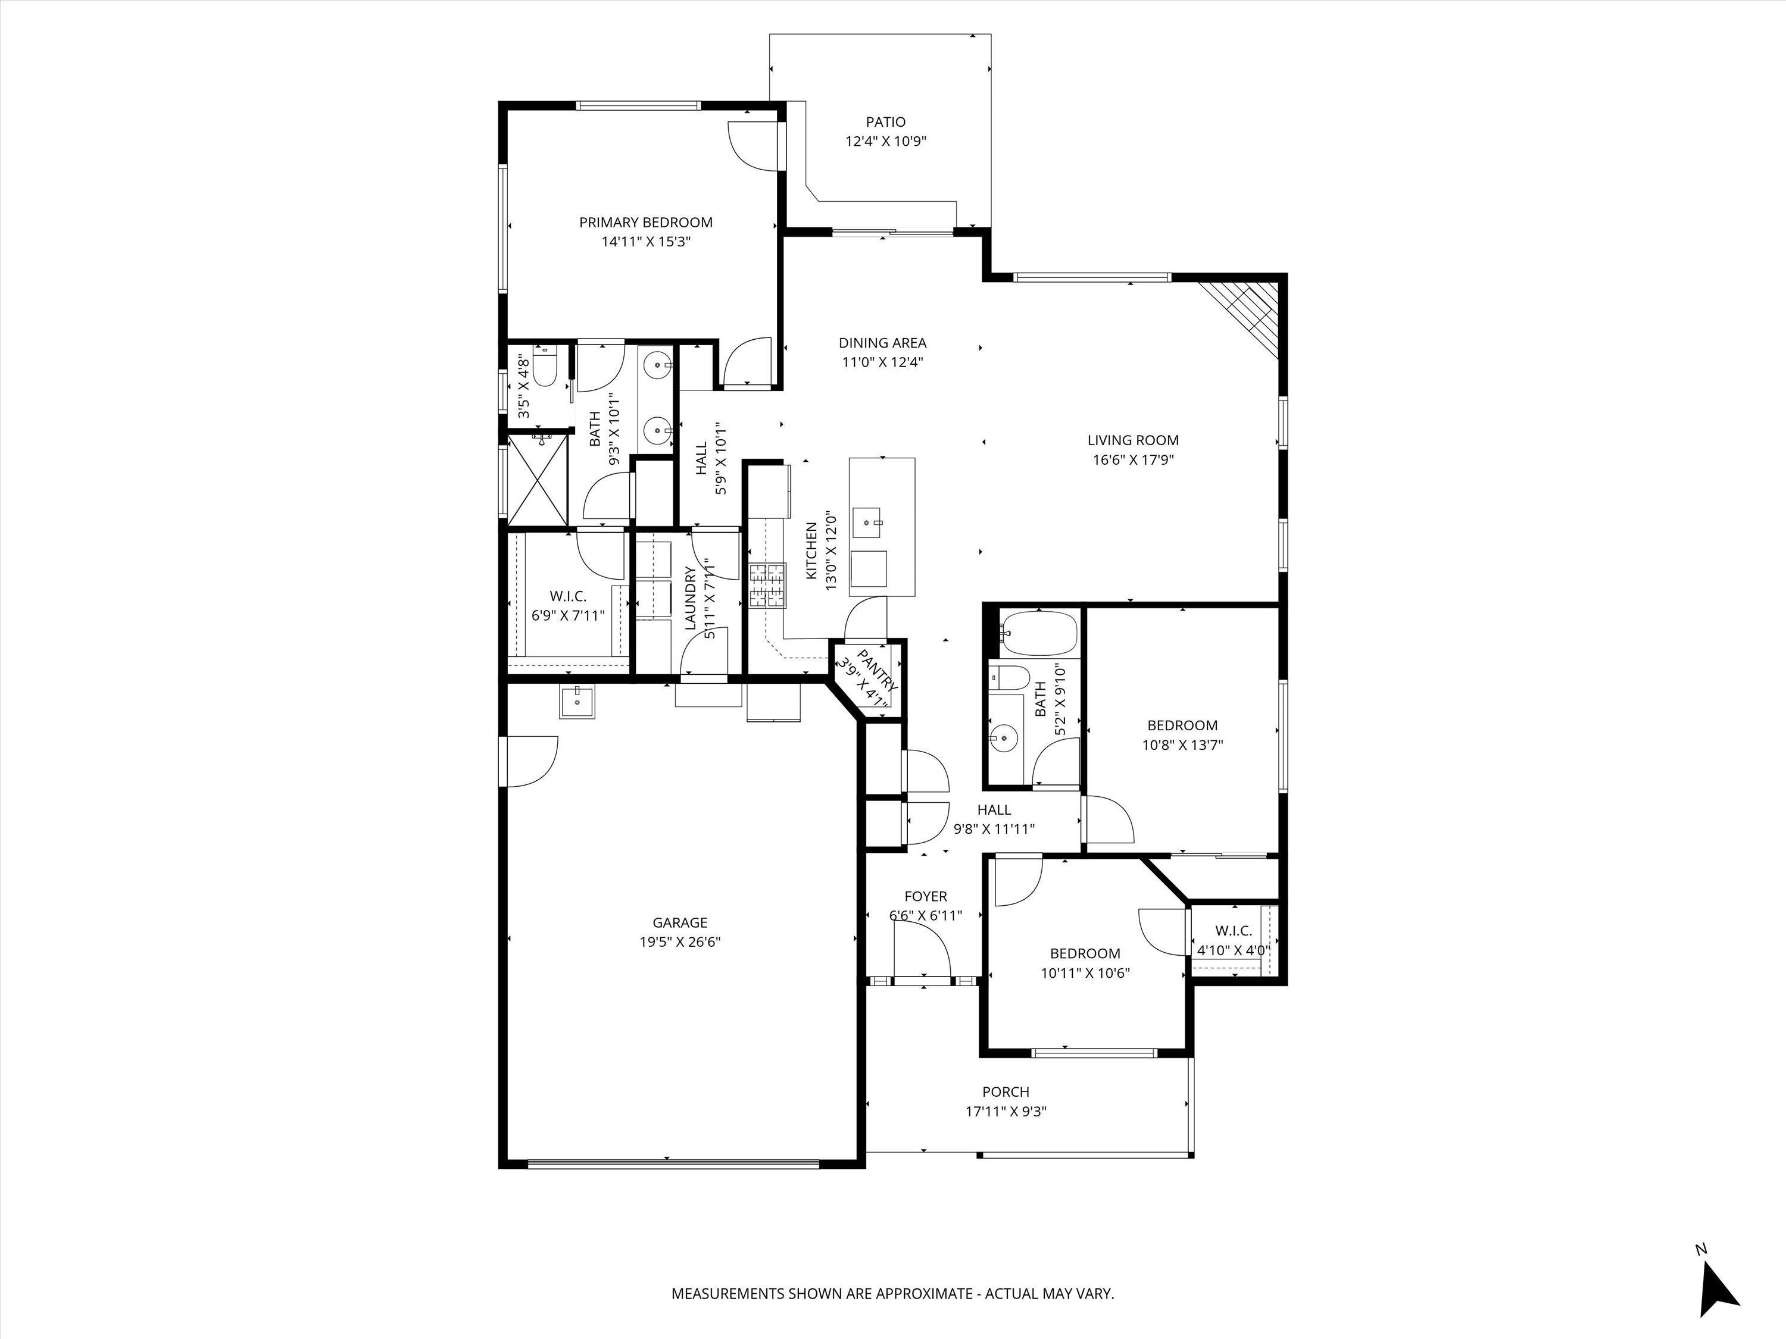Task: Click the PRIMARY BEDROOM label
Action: (x=645, y=222)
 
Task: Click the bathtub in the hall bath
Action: (x=1039, y=633)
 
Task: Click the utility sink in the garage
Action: (x=577, y=702)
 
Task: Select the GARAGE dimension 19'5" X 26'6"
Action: (x=679, y=942)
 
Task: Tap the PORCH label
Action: (x=1006, y=1092)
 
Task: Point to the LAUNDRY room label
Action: (x=691, y=598)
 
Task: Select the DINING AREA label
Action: (x=882, y=343)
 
